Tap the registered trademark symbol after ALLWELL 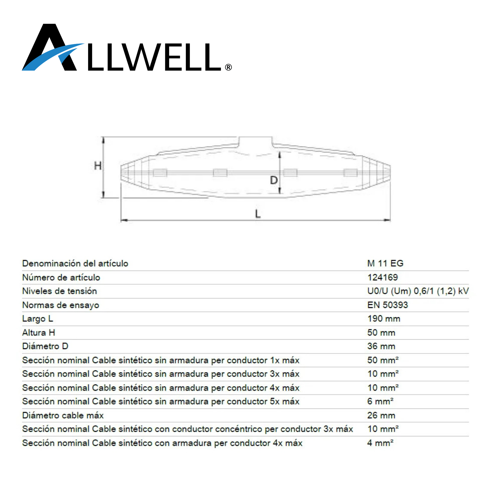tap(229, 67)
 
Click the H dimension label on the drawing tap(98, 166)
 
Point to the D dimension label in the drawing tap(274, 180)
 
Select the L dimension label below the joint tap(258, 214)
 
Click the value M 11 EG tap(385, 263)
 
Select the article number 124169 tap(382, 277)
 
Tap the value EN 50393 tap(388, 305)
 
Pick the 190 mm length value tap(384, 318)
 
